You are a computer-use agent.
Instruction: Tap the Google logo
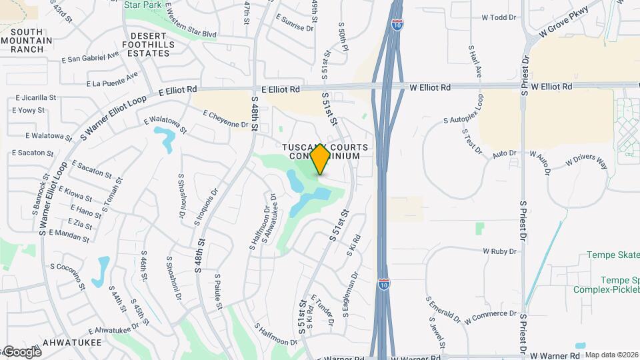[21, 351]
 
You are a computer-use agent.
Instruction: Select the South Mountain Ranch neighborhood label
[27, 41]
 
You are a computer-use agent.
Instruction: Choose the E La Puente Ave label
[112, 79]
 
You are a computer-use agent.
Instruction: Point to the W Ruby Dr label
[500, 251]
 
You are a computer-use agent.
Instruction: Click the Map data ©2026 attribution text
[611, 355]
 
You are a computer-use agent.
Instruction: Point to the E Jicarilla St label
[35, 97]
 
